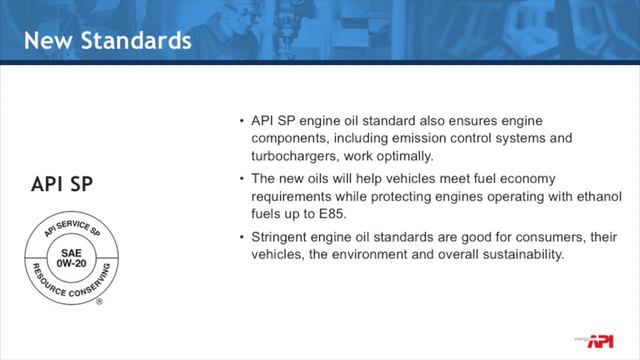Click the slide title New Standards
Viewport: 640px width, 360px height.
tap(106, 41)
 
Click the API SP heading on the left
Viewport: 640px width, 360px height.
tap(66, 184)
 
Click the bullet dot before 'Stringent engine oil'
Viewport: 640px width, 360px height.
tap(241, 237)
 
